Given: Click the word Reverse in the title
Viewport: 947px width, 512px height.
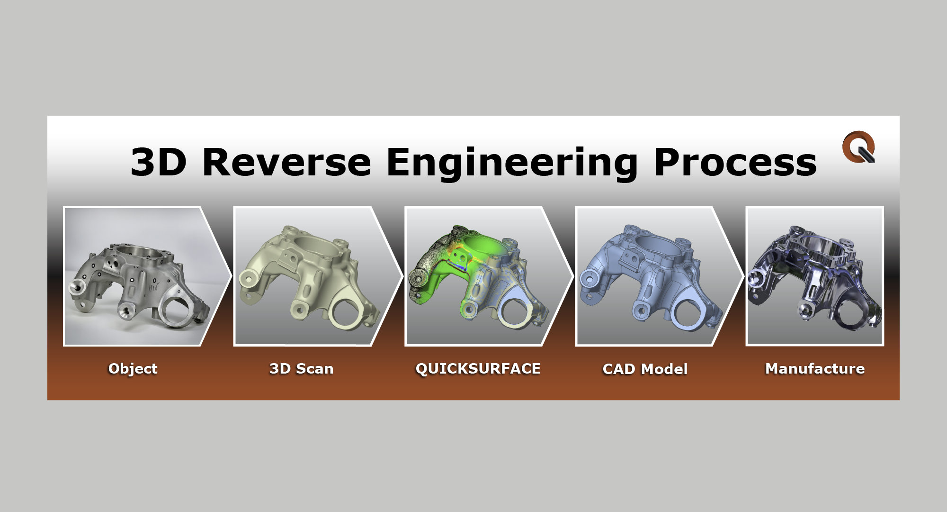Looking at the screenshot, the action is pos(286,162).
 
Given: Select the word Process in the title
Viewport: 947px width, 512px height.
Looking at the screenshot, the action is pos(735,162).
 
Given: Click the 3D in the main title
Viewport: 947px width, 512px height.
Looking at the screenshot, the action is pos(159,162).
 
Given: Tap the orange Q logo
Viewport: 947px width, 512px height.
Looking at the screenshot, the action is pos(859,147).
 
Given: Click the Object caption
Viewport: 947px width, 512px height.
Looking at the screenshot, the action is pos(133,368).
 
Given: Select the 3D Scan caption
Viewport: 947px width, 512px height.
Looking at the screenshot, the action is pos(301,368).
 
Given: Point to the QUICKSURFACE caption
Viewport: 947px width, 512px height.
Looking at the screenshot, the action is pos(478,368).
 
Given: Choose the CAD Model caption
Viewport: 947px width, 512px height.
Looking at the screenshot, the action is pos(645,369).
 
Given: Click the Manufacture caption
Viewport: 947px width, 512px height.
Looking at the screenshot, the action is pos(815,368).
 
